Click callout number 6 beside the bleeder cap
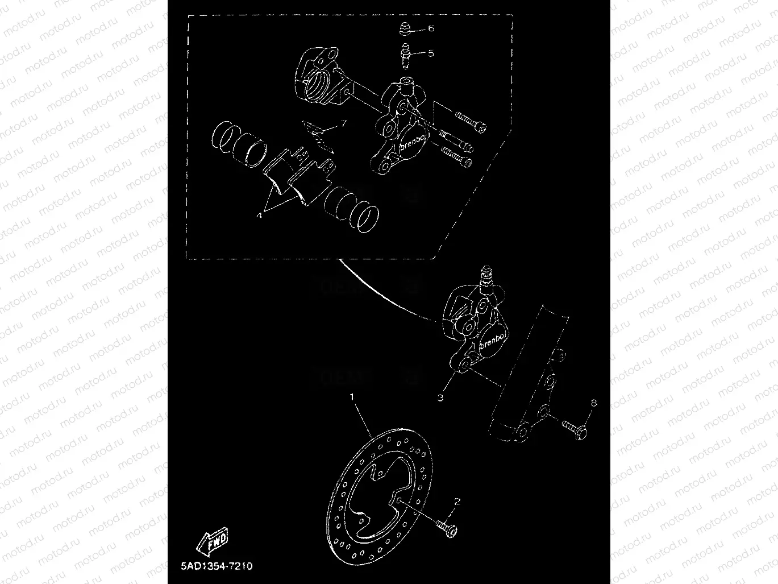point(431,28)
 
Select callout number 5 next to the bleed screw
point(431,53)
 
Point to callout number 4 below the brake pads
point(260,214)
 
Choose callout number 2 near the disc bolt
point(456,502)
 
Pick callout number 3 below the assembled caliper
point(441,397)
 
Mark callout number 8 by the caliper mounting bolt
point(593,403)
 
